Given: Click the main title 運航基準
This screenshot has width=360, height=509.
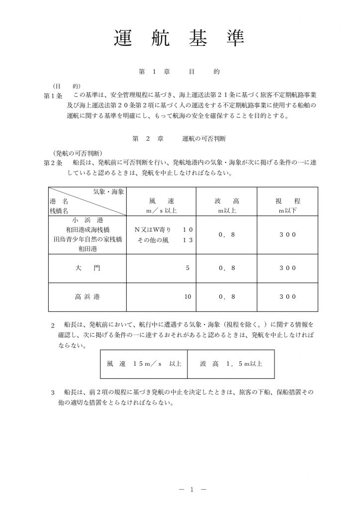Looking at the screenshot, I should click(180, 37).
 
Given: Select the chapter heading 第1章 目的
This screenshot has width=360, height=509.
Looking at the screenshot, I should click(180, 72).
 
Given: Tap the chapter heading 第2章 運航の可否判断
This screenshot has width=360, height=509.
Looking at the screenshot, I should click(180, 138).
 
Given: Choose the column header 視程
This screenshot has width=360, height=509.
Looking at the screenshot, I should click(286, 201).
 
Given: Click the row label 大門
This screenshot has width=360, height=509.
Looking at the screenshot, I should click(88, 268).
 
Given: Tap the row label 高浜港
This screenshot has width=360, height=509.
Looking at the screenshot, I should click(88, 297).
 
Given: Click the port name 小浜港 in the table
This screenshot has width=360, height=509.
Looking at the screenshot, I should click(88, 220).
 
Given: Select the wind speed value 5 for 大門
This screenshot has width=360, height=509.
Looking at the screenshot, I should click(187, 268).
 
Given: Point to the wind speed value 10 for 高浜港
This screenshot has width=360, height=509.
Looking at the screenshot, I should click(187, 297).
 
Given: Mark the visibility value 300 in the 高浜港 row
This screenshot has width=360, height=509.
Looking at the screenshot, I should click(286, 297).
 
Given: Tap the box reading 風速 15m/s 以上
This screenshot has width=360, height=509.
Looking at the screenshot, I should click(143, 364).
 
